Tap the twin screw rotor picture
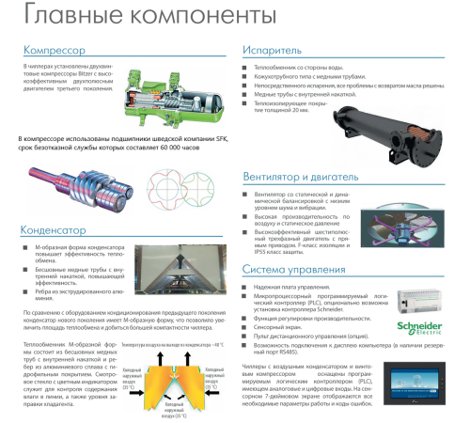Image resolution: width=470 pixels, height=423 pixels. point(70,183)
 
